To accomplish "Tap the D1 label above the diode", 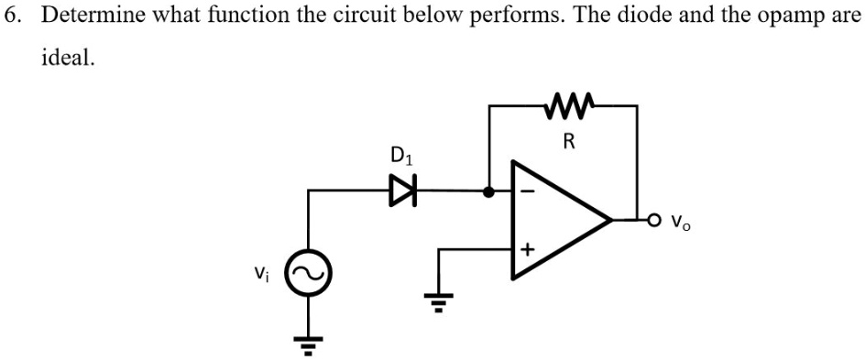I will click(401, 156).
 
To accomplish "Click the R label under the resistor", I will click(569, 141).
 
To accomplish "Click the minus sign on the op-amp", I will click(526, 192).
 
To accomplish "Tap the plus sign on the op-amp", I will click(527, 248).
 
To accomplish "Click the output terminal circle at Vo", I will click(652, 220).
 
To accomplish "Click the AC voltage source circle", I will click(308, 272).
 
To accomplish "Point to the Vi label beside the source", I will click(263, 271).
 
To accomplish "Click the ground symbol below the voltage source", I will click(308, 343).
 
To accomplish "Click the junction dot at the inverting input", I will click(489, 192).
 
